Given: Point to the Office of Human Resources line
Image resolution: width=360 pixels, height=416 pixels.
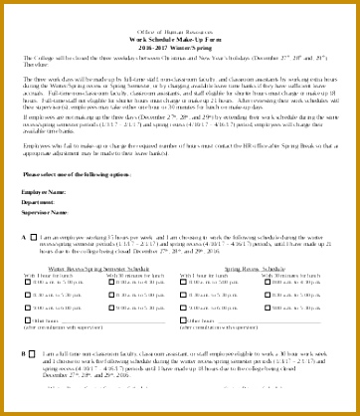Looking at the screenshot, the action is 179,32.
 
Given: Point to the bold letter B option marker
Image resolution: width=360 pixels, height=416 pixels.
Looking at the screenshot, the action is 24,382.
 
